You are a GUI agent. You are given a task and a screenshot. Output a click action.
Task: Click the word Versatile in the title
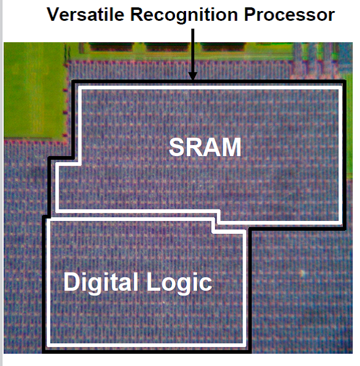point(85,14)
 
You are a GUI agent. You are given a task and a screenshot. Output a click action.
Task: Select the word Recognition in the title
point(184,15)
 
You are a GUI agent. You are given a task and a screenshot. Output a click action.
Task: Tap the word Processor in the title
point(290,15)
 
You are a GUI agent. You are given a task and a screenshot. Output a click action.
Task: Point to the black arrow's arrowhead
point(193,76)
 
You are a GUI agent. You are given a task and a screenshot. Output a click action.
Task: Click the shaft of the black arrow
point(193,50)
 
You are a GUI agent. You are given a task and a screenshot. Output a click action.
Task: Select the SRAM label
point(205,147)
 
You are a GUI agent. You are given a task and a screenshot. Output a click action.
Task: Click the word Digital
point(100,283)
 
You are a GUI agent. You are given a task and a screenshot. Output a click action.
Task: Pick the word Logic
point(179,283)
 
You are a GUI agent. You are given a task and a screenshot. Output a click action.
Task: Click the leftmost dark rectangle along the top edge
point(111,47)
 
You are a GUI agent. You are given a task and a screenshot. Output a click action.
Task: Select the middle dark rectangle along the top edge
point(167,47)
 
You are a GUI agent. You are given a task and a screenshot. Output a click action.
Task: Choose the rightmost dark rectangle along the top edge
point(223,47)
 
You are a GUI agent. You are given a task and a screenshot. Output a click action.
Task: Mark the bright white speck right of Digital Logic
point(302,272)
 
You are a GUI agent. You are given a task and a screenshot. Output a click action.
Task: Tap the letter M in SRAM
point(231,147)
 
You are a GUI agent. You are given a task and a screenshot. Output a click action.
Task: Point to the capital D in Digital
point(71,282)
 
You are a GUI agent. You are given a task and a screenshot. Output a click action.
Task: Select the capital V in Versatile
point(54,14)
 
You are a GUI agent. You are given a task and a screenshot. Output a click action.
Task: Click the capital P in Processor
point(250,14)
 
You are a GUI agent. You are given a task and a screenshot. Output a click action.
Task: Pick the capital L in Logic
point(152,282)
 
